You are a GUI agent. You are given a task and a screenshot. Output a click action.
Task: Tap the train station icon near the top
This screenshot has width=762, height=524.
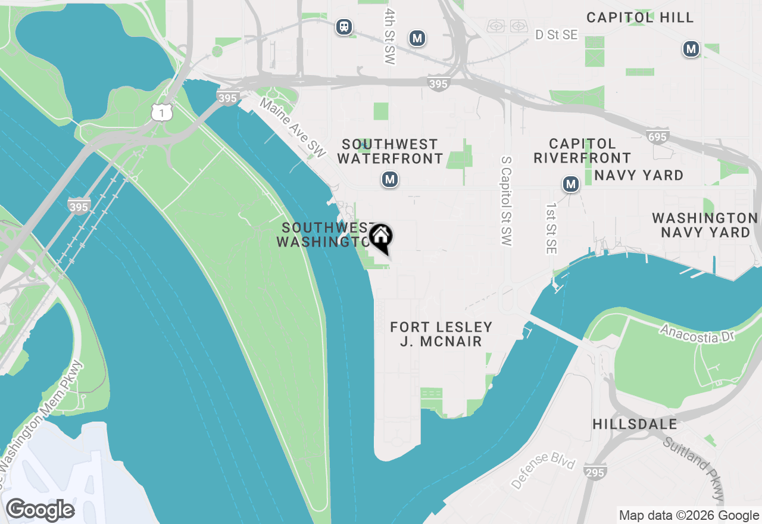pos(344,27)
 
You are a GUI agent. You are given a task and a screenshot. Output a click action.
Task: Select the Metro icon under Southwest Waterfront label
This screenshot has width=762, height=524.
pos(390,179)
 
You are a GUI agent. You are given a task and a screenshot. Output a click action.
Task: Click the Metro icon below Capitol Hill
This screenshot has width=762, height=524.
pos(691,49)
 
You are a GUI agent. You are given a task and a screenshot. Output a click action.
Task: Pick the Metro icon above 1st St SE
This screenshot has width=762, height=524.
pos(571,185)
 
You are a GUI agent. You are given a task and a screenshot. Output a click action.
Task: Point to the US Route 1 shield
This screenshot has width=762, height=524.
pos(161,111)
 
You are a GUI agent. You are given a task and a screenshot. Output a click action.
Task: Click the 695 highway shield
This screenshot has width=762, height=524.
pos(657,138)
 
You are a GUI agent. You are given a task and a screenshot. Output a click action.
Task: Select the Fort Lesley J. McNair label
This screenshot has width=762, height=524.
pos(441,334)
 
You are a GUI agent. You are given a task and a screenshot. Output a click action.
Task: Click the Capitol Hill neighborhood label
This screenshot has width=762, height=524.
pos(640,17)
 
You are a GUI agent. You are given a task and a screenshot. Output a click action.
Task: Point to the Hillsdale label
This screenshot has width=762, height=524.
pos(635,425)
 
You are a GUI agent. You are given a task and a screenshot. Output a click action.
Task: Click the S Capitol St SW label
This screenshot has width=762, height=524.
pos(507,201)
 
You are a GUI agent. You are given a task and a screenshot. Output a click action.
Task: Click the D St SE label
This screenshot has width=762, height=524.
pos(556,35)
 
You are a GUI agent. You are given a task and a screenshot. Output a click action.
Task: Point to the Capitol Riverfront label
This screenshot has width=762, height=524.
pos(582,151)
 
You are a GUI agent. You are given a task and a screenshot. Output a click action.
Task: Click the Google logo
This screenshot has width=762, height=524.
pos(40,510)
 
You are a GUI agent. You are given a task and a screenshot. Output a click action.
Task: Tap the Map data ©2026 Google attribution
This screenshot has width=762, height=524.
pos(689,516)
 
